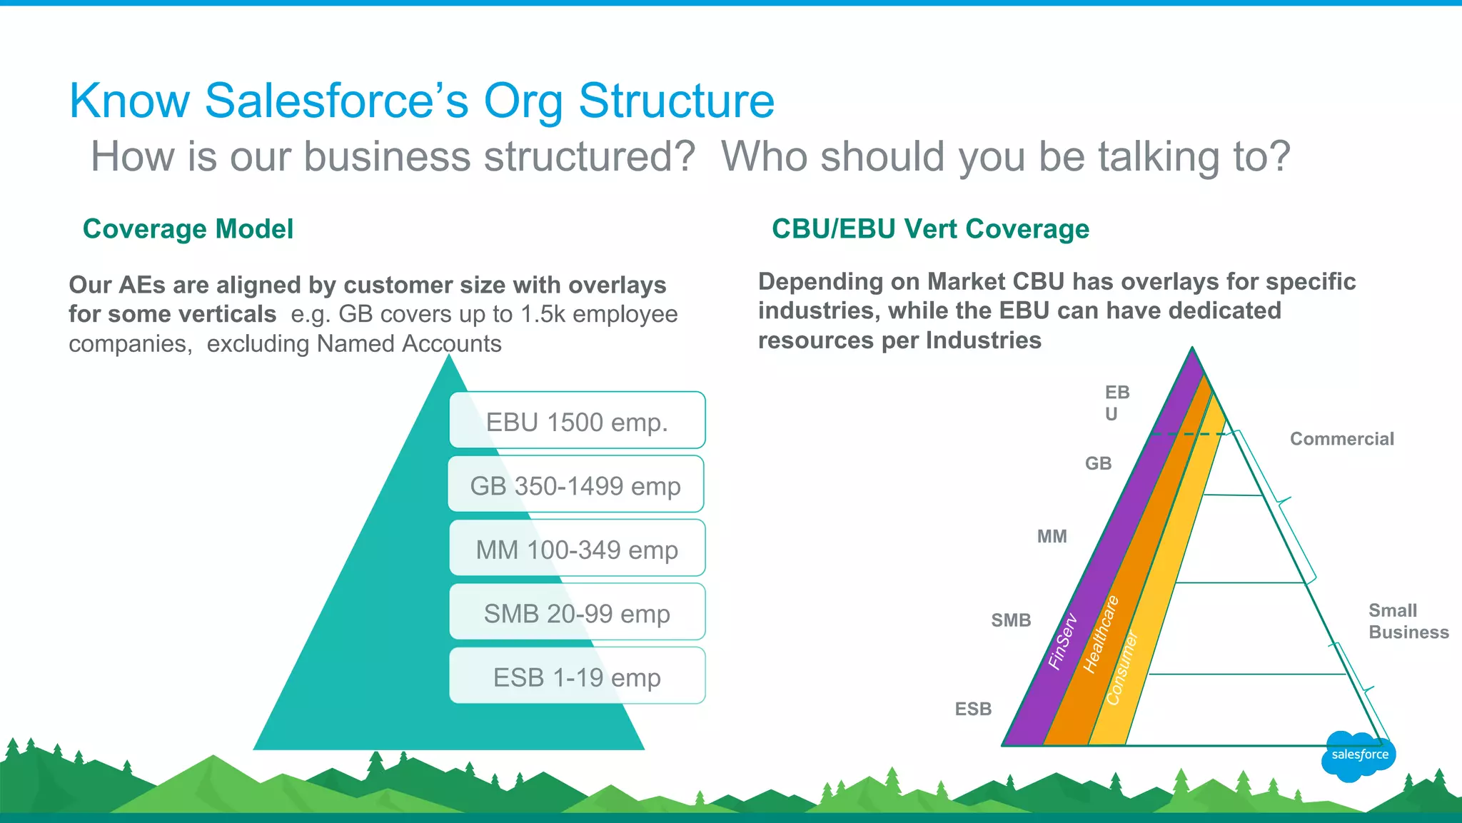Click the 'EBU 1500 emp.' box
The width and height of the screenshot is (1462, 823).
577,421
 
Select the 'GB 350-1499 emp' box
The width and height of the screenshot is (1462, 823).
575,485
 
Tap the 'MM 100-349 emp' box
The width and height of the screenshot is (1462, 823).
577,549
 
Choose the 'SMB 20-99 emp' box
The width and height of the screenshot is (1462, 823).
577,612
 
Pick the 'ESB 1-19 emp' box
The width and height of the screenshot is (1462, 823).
577,677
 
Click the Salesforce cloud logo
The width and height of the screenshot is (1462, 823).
1358,755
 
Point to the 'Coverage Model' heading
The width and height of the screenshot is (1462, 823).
188,229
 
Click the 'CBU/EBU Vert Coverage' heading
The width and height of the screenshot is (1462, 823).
930,229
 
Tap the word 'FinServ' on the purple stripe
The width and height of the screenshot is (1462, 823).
1062,641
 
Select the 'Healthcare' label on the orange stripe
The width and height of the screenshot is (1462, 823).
1100,634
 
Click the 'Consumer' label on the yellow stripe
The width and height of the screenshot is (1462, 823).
1122,668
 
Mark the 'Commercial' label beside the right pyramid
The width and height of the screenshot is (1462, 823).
1341,439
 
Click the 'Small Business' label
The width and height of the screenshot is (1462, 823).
1407,621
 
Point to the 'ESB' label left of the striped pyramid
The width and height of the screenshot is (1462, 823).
973,709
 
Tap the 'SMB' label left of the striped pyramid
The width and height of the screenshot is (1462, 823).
1011,620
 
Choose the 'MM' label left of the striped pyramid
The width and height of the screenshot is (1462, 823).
1052,536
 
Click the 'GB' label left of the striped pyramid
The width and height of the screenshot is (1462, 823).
1098,463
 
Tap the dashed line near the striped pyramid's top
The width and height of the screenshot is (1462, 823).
1189,434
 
